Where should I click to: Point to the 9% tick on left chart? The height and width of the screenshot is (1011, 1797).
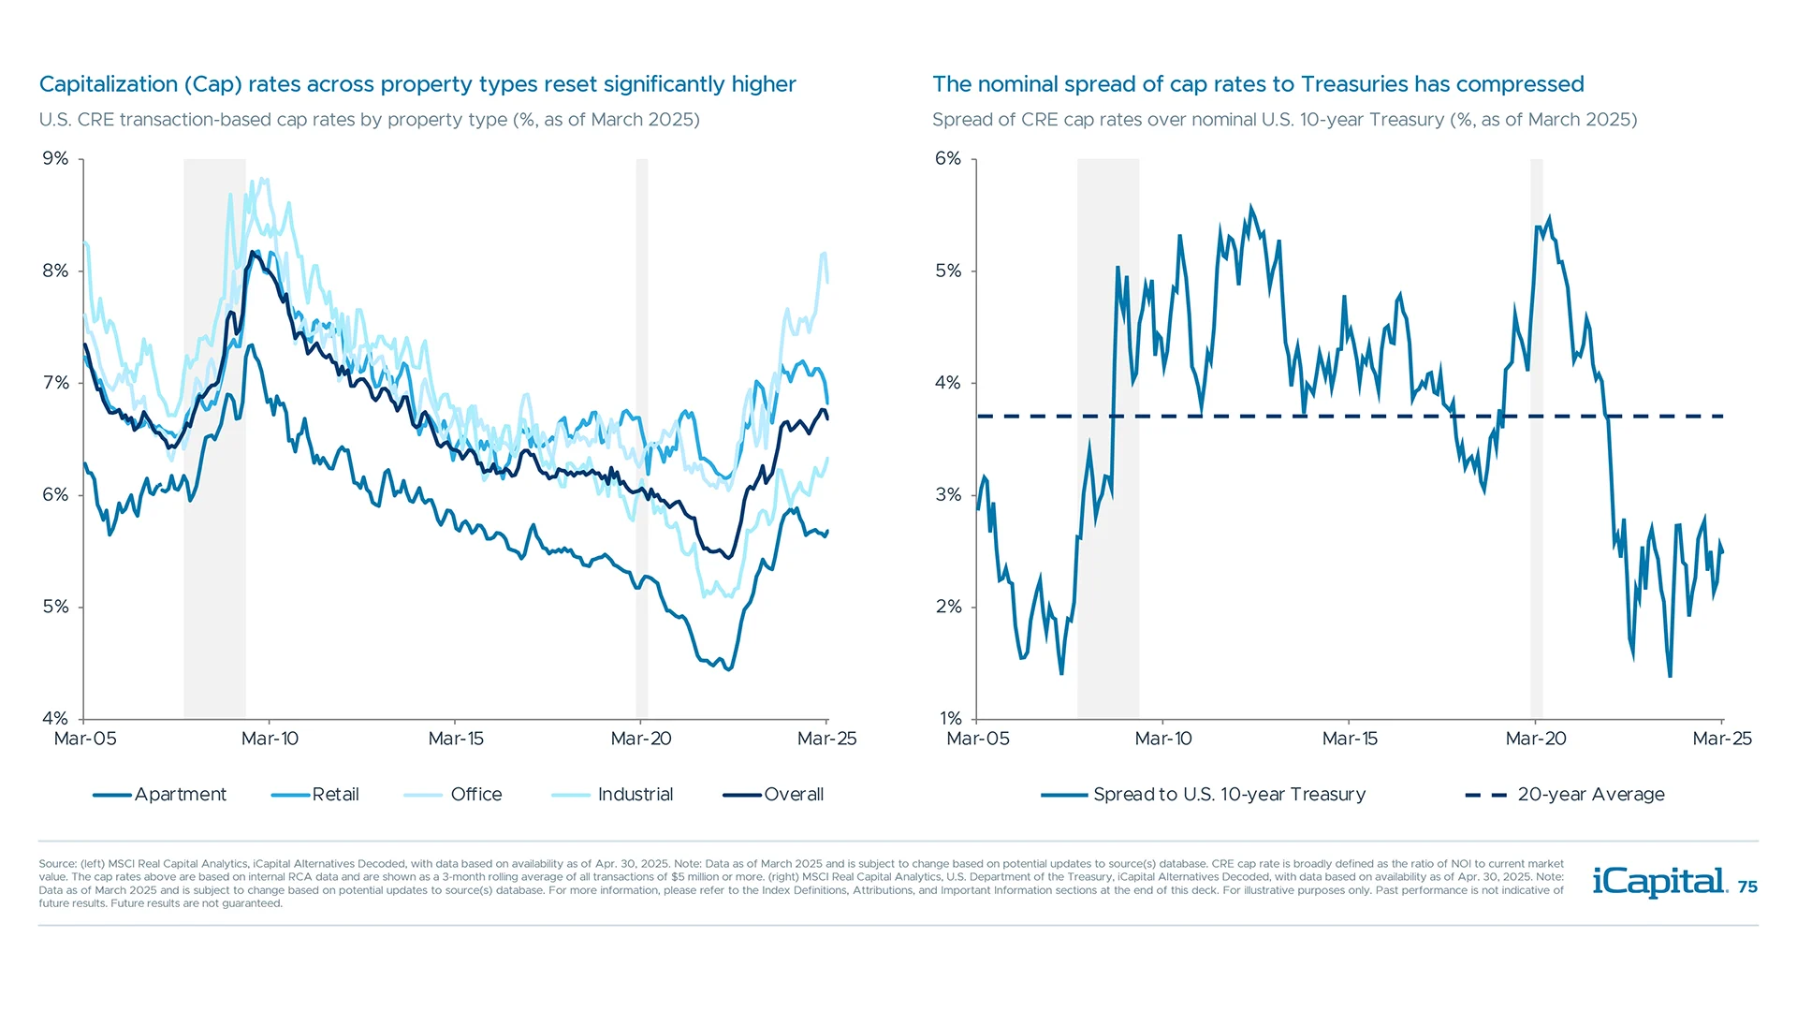point(55,158)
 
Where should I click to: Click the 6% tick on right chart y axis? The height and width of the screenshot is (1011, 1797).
point(947,158)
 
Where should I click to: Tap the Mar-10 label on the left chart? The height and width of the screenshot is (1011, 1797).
point(270,739)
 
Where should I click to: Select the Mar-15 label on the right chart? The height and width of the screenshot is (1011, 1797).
point(1349,739)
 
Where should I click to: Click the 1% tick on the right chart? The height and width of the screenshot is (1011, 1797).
point(950,718)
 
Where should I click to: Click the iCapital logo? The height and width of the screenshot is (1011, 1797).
point(1658,882)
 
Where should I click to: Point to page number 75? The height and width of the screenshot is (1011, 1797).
point(1747,887)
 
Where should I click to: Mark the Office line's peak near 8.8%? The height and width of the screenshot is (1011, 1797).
point(263,179)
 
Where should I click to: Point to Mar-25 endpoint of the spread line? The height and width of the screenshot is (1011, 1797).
point(1722,551)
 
